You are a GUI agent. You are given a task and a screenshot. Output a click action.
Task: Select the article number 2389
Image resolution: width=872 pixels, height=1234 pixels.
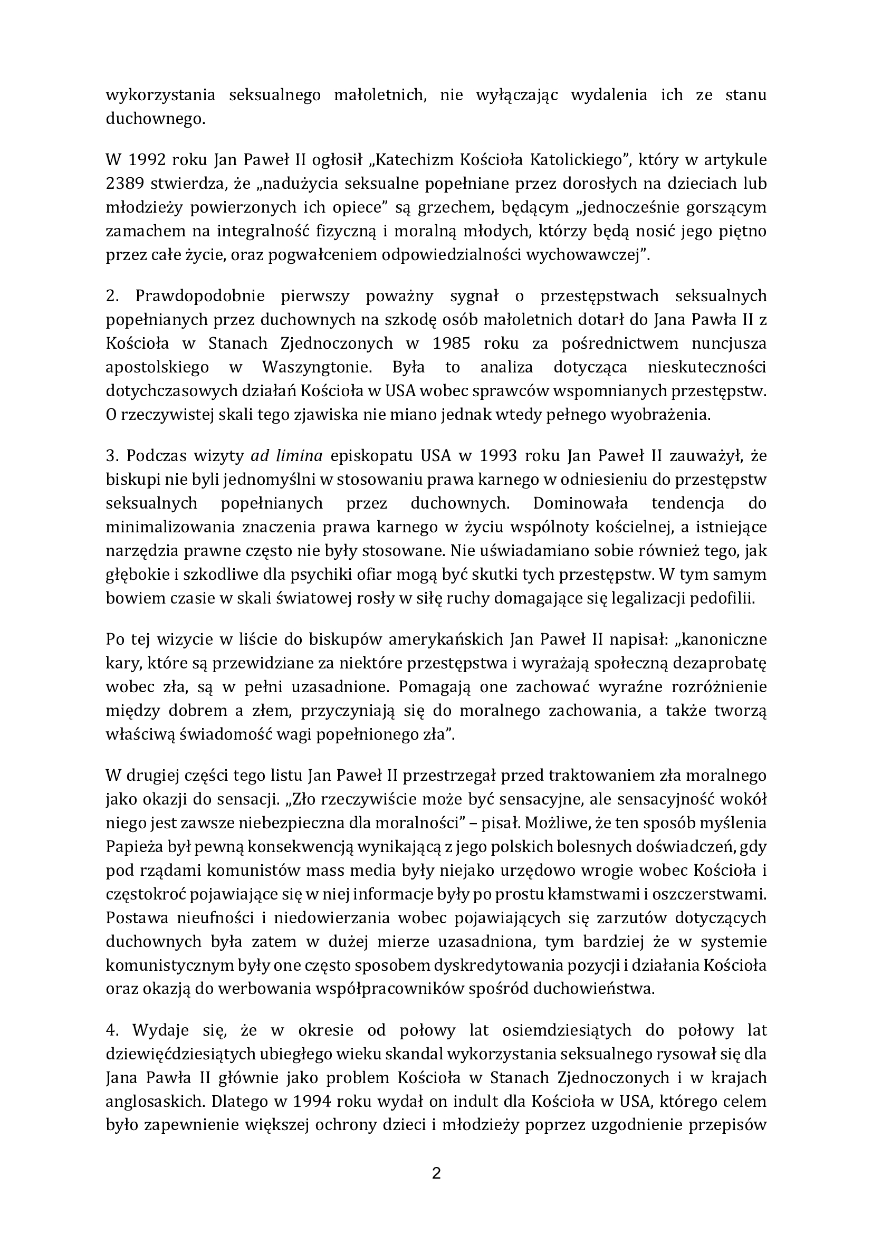(124, 183)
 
